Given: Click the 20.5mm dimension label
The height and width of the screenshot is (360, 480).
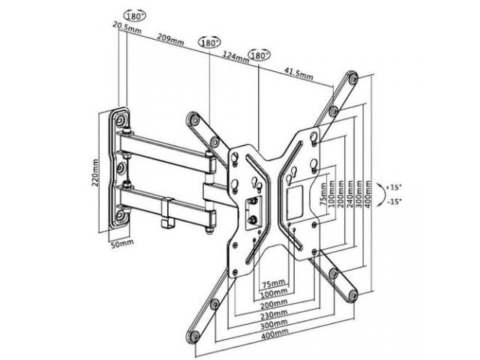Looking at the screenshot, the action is pyautogui.click(x=127, y=27).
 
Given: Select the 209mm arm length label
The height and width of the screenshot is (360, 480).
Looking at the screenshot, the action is pyautogui.click(x=170, y=39).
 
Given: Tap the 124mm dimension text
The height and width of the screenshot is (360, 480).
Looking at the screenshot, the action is pyautogui.click(x=235, y=57).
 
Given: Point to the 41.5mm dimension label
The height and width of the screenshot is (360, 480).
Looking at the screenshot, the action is pyautogui.click(x=298, y=73).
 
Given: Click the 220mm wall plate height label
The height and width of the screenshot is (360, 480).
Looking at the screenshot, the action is pyautogui.click(x=95, y=173).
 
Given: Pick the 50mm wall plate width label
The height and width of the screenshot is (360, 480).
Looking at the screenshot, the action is pyautogui.click(x=121, y=244).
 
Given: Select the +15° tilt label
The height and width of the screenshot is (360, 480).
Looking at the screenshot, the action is pyautogui.click(x=394, y=187).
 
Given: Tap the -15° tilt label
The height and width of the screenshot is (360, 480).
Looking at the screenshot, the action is pyautogui.click(x=394, y=202).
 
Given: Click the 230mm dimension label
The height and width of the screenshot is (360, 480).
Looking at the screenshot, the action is pyautogui.click(x=274, y=313).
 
